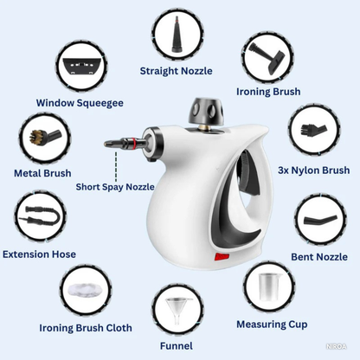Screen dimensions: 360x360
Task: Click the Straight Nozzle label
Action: tap(177, 71)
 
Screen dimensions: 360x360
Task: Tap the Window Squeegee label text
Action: tap(80, 103)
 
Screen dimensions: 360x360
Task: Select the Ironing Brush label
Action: tap(268, 91)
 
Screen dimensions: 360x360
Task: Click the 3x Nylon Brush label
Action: tap(313, 170)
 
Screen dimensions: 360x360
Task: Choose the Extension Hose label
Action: tap(39, 254)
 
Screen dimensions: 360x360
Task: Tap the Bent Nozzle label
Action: tap(319, 256)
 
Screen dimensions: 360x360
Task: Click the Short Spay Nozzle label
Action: tap(115, 186)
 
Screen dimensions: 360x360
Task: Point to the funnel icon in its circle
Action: tap(178, 311)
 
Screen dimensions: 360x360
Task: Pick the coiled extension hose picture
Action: tap(40, 215)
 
